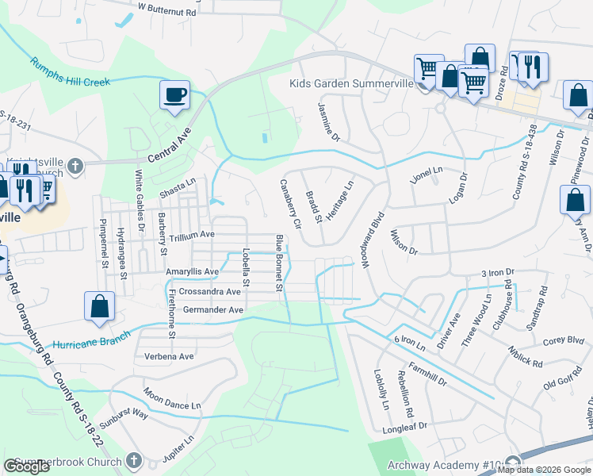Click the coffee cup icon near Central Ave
[175, 96]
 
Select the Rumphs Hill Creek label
[69, 72]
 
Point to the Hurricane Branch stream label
[88, 344]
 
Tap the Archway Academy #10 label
[444, 466]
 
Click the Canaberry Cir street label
[289, 204]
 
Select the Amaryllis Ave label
[192, 271]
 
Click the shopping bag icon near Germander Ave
[100, 308]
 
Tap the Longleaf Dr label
[405, 426]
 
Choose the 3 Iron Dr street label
[498, 273]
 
